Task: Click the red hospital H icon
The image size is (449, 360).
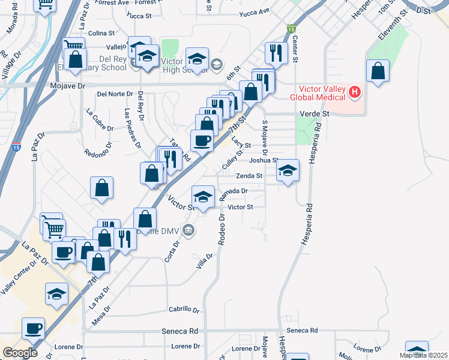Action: pyautogui.click(x=355, y=92)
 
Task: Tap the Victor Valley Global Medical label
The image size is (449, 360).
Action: pyautogui.click(x=318, y=93)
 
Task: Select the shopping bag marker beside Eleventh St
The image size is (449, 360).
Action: pyautogui.click(x=378, y=71)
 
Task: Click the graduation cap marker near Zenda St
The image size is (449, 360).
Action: pyautogui.click(x=288, y=170)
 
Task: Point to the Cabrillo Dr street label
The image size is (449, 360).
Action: pyautogui.click(x=184, y=310)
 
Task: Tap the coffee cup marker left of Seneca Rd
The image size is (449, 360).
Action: pyautogui.click(x=34, y=328)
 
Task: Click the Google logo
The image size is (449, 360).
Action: pyautogui.click(x=20, y=352)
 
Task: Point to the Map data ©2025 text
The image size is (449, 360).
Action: pyautogui.click(x=423, y=355)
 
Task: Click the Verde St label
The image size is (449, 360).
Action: pyautogui.click(x=315, y=113)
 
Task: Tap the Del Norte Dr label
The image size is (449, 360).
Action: pyautogui.click(x=115, y=94)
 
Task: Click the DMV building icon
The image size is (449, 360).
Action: pyautogui.click(x=188, y=229)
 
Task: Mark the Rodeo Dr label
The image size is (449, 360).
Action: pyautogui.click(x=221, y=229)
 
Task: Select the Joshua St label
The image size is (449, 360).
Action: pyautogui.click(x=264, y=160)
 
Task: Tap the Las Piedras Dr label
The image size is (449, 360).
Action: pyautogui.click(x=131, y=128)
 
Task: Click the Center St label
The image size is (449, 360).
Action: pyautogui.click(x=295, y=48)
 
